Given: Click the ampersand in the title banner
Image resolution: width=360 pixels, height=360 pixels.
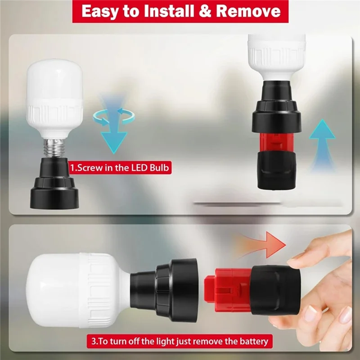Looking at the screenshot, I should click(x=203, y=11).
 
